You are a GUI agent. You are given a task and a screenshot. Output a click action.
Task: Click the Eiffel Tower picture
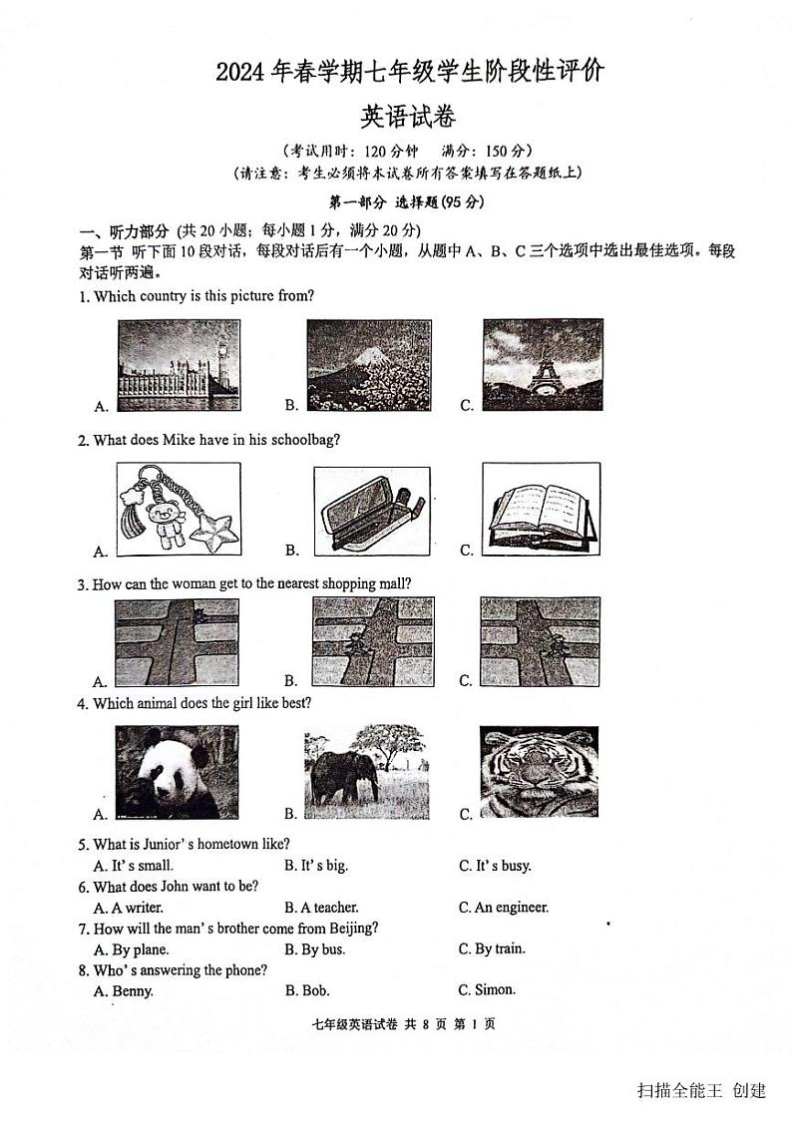click(x=542, y=365)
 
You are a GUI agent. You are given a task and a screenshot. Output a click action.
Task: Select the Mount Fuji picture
click(x=368, y=365)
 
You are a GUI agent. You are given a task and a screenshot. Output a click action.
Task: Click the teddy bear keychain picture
click(x=180, y=509)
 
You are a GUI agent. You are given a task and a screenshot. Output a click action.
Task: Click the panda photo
click(x=177, y=772)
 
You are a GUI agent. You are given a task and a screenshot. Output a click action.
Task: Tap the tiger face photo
click(x=540, y=772)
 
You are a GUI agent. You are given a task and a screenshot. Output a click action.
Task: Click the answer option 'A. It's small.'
click(x=134, y=866)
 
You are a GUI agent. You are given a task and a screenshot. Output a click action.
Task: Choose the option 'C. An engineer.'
click(x=504, y=908)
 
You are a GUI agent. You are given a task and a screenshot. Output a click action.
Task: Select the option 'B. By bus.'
click(x=315, y=949)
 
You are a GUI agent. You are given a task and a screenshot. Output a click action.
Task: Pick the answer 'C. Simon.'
click(x=487, y=990)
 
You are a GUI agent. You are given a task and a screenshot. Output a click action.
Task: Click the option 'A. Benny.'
click(x=124, y=991)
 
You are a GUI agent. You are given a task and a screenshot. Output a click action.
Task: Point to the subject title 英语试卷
click(x=407, y=118)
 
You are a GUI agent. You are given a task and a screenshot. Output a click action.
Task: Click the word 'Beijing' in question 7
click(x=355, y=929)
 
